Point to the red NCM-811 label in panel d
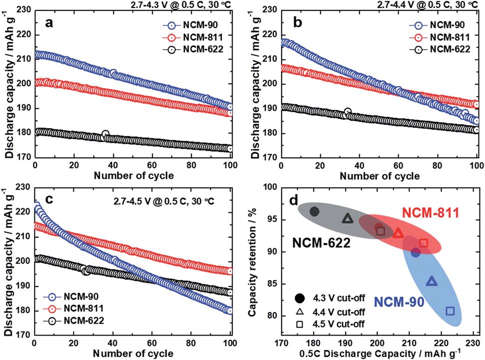(430, 214)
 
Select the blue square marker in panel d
(450, 311)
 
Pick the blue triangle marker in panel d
(432, 282)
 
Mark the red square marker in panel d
(424, 243)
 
